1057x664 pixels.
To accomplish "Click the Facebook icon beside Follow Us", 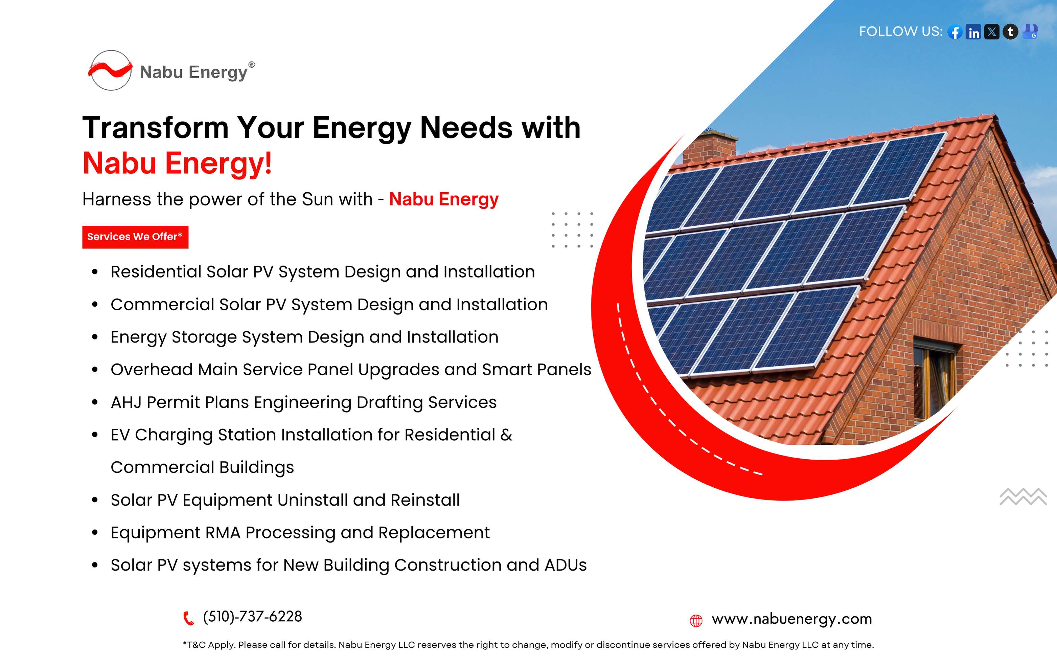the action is [x=955, y=31].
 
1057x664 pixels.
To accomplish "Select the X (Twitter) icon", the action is [x=992, y=31].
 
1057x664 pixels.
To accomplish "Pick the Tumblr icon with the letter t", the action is [x=1010, y=31].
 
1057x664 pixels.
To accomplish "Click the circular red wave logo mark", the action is [x=110, y=70].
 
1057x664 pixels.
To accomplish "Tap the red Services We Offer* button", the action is [x=135, y=237].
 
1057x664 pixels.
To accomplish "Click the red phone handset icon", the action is [x=188, y=618].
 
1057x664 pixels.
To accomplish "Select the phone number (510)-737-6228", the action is [x=252, y=617].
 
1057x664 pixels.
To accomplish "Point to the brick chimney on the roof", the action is [x=710, y=148].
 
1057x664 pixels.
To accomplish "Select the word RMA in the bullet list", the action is [x=223, y=533].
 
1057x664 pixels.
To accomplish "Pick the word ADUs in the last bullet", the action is [x=566, y=565].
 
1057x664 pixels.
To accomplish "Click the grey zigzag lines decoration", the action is [x=1023, y=497].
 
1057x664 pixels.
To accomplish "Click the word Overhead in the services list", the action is [x=152, y=370].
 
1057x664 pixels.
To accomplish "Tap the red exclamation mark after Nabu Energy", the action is [x=268, y=163].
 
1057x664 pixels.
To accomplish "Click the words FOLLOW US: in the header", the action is [x=901, y=31].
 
